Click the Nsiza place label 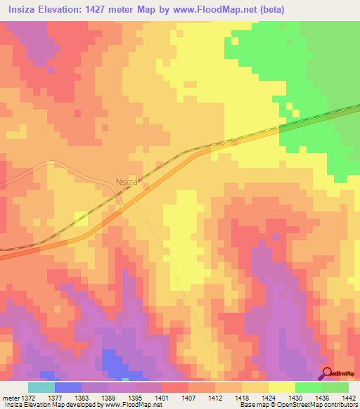(127, 181)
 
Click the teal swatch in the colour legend (41, 387)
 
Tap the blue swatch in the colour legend (68, 387)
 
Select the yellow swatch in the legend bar (282, 387)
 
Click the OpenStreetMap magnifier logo (327, 374)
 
